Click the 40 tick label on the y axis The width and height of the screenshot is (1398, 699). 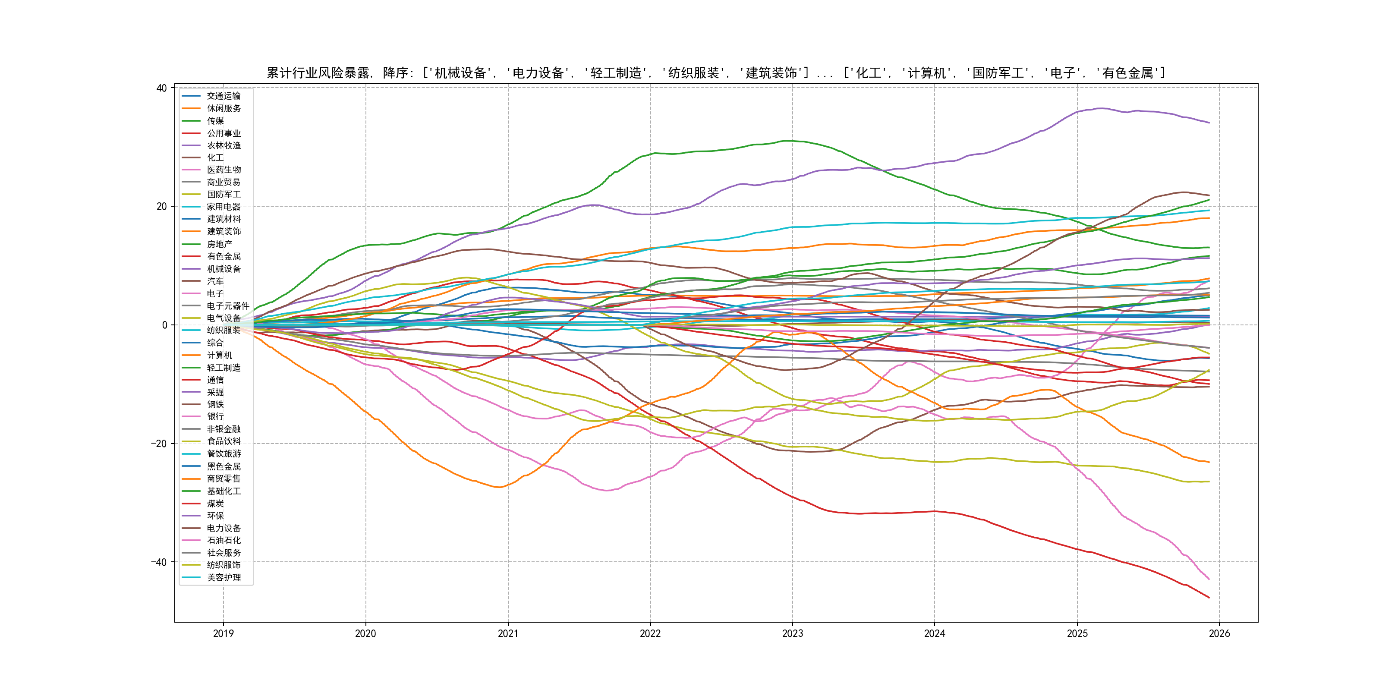point(161,88)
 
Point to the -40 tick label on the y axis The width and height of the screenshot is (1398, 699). point(158,562)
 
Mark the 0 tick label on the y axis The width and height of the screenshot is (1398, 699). point(164,325)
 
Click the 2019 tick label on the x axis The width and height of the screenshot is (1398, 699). point(223,633)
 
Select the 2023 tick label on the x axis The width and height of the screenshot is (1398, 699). point(792,633)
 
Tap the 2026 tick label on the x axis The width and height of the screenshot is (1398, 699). point(1219,633)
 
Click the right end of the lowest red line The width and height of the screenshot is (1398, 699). point(1209,598)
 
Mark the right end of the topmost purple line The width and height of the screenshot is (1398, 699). point(1209,123)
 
